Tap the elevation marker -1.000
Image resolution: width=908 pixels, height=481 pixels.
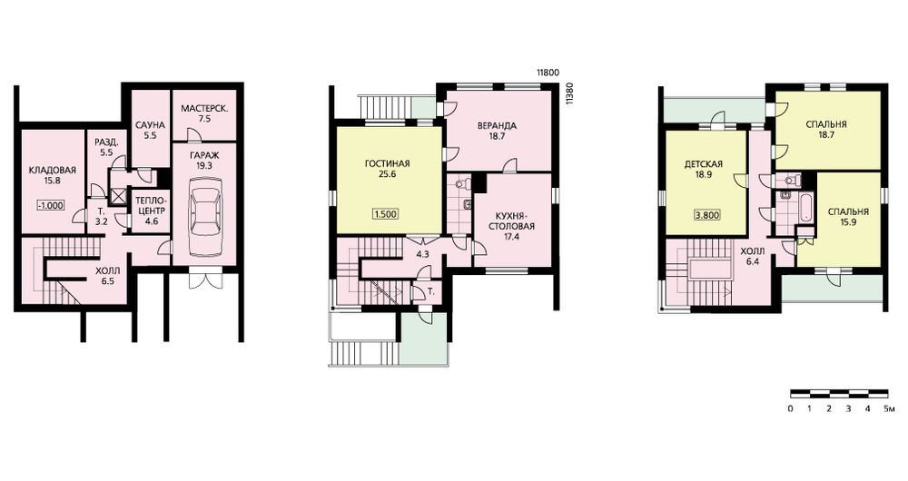point(51,205)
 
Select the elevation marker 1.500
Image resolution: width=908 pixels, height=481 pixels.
point(385,214)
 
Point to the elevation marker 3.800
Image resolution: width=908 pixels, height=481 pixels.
point(707,215)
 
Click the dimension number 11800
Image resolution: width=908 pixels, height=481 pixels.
point(548,73)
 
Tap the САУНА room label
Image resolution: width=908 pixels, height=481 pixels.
point(150,125)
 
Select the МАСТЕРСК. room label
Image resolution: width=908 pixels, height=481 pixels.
point(203,108)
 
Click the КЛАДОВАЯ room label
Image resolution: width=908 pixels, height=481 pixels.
point(52,171)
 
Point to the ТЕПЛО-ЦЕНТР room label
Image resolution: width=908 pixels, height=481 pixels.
point(150,205)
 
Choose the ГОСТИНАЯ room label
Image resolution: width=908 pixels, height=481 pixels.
point(387,163)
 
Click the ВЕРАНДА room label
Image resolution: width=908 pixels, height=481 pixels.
point(497,125)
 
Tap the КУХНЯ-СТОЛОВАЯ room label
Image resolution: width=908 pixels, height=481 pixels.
point(511,221)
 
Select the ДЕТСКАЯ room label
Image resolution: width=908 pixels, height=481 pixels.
point(703,164)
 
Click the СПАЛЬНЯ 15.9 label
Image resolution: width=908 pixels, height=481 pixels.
point(848,217)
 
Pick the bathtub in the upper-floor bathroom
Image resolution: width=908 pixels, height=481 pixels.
point(805,208)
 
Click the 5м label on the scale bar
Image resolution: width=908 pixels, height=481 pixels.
point(890,409)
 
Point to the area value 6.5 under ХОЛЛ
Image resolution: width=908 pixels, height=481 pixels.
point(108,280)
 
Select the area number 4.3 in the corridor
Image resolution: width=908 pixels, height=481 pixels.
point(423,253)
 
